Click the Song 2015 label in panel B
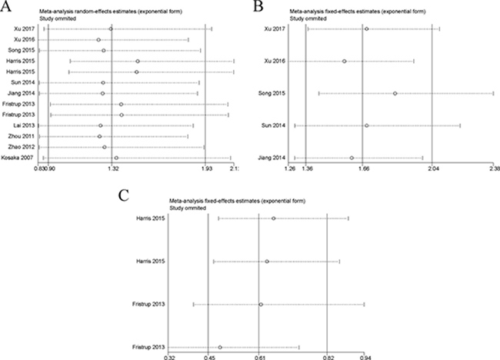pyautogui.click(x=273, y=93)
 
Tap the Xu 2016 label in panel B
pyautogui.click(x=275, y=61)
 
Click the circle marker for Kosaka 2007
pyautogui.click(x=115, y=158)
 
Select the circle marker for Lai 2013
pyautogui.click(x=100, y=125)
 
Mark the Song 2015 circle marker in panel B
pyautogui.click(x=395, y=93)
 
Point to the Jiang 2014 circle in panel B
pyautogui.click(x=352, y=158)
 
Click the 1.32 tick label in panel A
pyautogui.click(x=112, y=168)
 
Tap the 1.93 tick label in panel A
pyautogui.click(x=207, y=168)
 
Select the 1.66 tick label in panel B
pyautogui.click(x=362, y=168)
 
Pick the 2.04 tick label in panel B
pyautogui.click(x=432, y=168)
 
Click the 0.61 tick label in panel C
pyautogui.click(x=260, y=356)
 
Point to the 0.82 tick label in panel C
pyautogui.click(x=328, y=356)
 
